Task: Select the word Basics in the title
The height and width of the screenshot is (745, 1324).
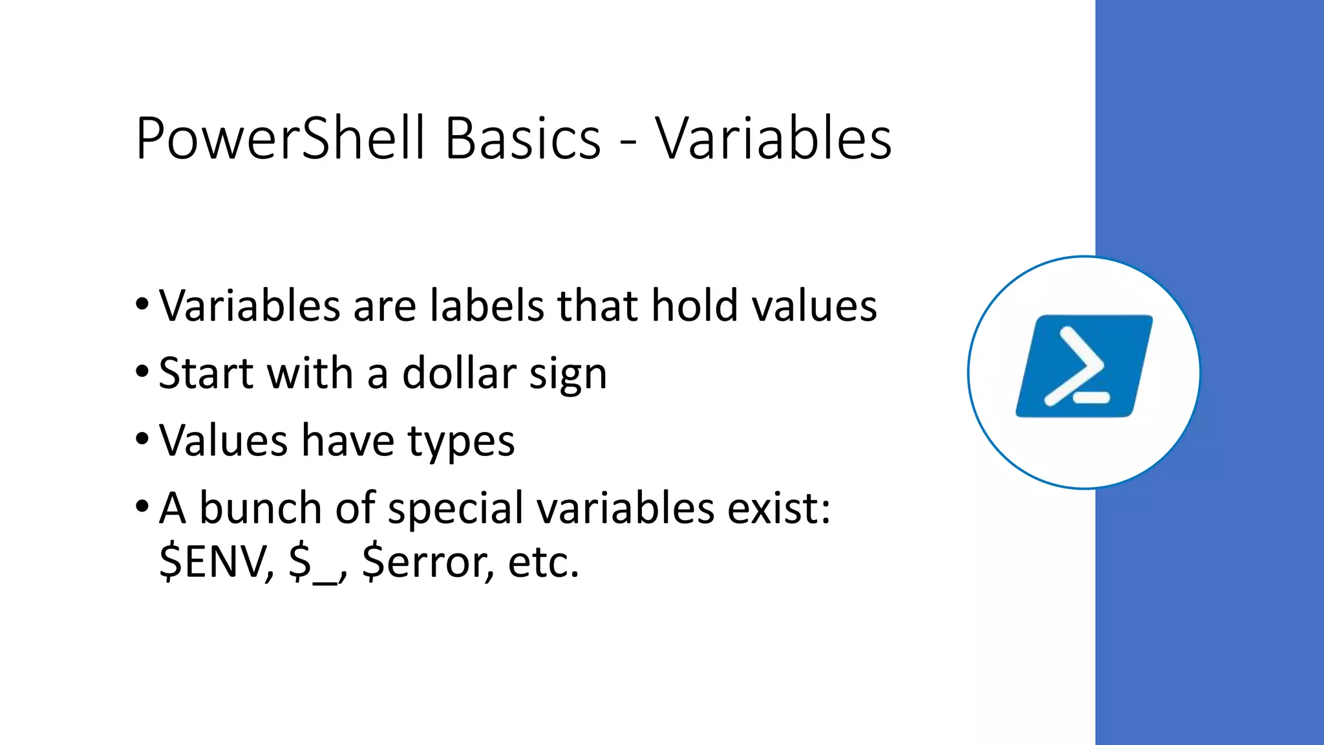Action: (522, 139)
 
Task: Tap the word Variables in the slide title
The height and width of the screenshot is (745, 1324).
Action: (773, 139)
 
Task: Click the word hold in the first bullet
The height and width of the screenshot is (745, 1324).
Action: (694, 305)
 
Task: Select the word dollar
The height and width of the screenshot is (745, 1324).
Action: (459, 373)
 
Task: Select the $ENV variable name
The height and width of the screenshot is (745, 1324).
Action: (216, 561)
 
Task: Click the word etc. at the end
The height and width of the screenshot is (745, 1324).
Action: (543, 561)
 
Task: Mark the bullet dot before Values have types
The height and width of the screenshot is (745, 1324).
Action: (142, 439)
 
